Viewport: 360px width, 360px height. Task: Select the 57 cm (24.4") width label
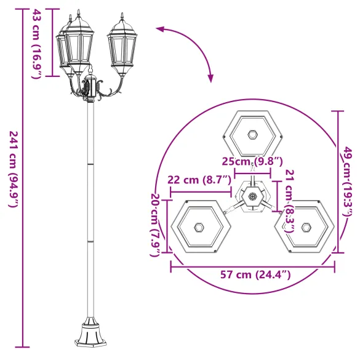click(x=252, y=275)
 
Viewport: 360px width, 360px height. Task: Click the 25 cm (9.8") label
click(x=252, y=162)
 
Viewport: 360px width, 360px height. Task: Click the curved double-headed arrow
click(x=188, y=49)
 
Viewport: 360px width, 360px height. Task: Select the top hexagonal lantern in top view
click(x=252, y=135)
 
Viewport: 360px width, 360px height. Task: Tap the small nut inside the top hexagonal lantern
click(x=252, y=134)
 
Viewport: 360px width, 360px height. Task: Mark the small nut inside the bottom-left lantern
click(x=199, y=227)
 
